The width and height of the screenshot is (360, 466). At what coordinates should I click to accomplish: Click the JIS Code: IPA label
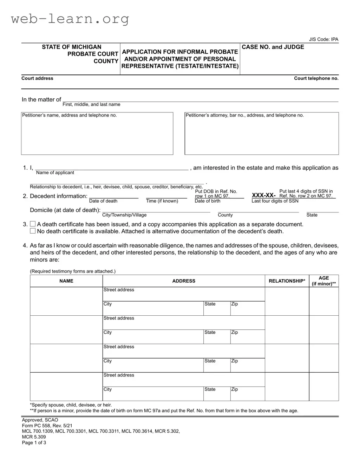pyautogui.click(x=323, y=39)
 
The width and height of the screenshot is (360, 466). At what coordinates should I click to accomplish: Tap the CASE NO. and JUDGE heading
pyautogui.click(x=273, y=47)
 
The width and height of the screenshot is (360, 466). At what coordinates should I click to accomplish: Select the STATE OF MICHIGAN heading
pyautogui.click(x=71, y=47)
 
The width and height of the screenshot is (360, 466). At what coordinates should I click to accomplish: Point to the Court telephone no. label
pyautogui.click(x=316, y=78)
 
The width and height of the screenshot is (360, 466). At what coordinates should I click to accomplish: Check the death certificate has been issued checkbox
pyautogui.click(x=33, y=224)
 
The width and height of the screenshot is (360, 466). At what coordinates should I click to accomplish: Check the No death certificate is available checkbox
pyautogui.click(x=33, y=231)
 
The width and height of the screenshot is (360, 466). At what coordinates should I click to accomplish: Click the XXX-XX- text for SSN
pyautogui.click(x=263, y=195)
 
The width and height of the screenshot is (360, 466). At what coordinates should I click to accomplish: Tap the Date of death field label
pyautogui.click(x=103, y=201)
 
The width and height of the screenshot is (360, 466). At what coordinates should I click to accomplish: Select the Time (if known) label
pyautogui.click(x=162, y=201)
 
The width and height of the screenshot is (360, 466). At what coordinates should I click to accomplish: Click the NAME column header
pyautogui.click(x=66, y=281)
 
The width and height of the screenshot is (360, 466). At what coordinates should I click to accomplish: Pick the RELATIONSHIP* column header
pyautogui.click(x=287, y=281)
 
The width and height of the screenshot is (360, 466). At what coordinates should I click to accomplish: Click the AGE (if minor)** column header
pyautogui.click(x=324, y=281)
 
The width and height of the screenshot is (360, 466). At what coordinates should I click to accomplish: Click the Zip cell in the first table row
pyautogui.click(x=247, y=308)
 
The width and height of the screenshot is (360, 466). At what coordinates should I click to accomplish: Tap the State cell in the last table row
pyautogui.click(x=217, y=393)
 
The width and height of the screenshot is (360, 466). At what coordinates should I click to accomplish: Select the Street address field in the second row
pyautogui.click(x=184, y=322)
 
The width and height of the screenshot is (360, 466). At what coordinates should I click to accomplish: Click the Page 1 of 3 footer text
pyautogui.click(x=34, y=442)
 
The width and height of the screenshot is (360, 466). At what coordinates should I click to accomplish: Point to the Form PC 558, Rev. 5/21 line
pyautogui.click(x=47, y=426)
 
